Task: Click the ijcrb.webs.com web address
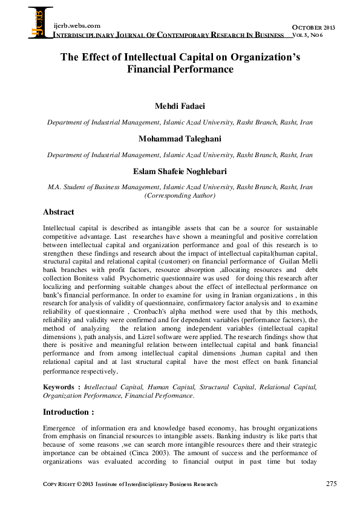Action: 77,25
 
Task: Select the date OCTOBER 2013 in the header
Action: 313,28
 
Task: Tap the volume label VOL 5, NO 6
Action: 312,36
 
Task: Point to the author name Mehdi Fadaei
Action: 180,107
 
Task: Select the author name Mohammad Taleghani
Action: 180,139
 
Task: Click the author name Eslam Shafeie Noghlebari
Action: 180,171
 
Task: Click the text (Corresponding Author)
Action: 180,196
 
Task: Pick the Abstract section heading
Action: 59,212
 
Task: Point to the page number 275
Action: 331,484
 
